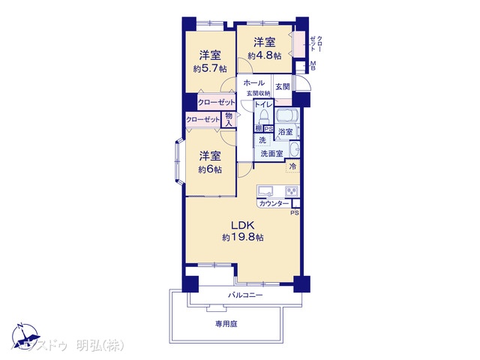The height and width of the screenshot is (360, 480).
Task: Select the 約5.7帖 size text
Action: click(x=210, y=68)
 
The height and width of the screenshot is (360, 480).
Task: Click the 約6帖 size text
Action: click(x=210, y=169)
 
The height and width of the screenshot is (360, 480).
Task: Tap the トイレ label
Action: click(x=262, y=105)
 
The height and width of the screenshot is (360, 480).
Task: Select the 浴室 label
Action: click(x=286, y=132)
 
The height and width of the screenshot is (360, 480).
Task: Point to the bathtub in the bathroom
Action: click(x=287, y=117)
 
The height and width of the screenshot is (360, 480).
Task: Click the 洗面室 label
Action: click(x=272, y=154)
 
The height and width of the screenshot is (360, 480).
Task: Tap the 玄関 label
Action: click(x=282, y=87)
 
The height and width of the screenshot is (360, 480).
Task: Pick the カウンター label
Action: click(x=274, y=204)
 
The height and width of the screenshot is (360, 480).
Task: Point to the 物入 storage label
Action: click(x=228, y=118)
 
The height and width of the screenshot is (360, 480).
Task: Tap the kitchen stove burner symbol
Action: click(x=291, y=190)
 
